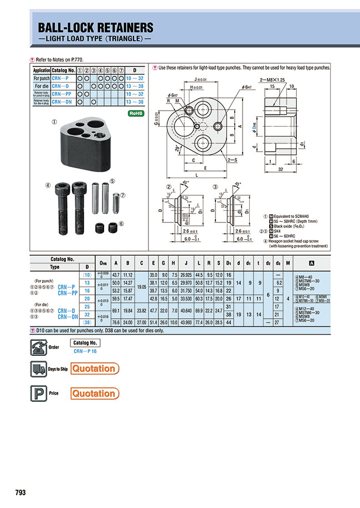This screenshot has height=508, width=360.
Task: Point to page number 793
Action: (20, 493)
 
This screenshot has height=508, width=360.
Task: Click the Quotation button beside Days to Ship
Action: (94, 369)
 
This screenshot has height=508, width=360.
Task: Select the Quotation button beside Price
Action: (94, 393)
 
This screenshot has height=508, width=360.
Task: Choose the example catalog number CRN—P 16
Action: (85, 351)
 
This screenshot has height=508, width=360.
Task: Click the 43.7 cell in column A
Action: (116, 274)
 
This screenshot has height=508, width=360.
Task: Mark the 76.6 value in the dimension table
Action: (116, 322)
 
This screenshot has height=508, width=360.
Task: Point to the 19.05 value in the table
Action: (141, 287)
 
